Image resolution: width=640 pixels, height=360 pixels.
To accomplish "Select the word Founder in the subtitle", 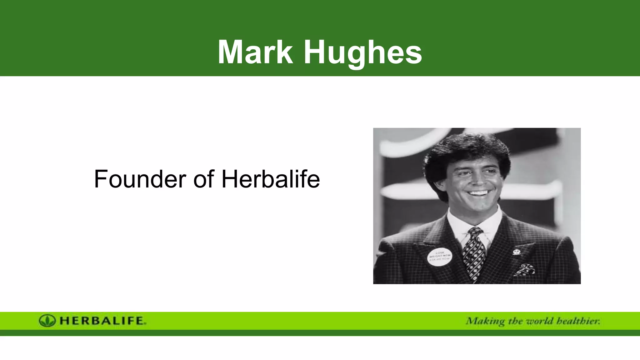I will pyautogui.click(x=140, y=179).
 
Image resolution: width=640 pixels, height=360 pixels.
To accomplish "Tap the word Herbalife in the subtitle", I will pyautogui.click(x=271, y=179).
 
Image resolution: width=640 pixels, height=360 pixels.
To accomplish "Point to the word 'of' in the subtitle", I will pyautogui.click(x=203, y=179).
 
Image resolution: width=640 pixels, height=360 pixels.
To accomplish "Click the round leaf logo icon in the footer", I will pyautogui.click(x=47, y=321).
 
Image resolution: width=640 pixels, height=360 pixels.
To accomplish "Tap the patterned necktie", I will pyautogui.click(x=473, y=253).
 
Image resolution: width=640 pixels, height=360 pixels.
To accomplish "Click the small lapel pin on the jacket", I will pyautogui.click(x=516, y=252).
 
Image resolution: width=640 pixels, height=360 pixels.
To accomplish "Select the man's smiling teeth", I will pyautogui.click(x=478, y=193).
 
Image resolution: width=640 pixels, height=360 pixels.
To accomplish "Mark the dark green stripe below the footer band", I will pyautogui.click(x=320, y=333).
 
